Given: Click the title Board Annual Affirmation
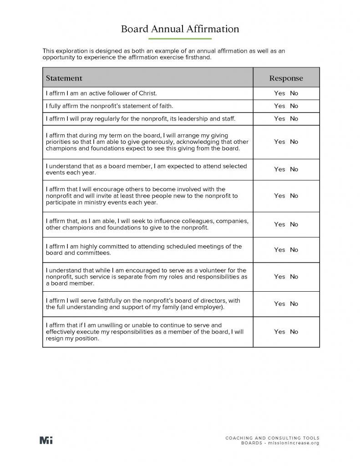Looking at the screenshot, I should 180,29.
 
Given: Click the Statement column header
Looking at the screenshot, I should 64,78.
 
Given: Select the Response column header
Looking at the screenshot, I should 286,78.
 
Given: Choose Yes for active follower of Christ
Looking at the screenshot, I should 279,93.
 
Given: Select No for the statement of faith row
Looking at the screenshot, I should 294,106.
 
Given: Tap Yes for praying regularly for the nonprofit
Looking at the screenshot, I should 279,119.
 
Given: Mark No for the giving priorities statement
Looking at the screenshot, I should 294,142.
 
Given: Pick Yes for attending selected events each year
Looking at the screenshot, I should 279,169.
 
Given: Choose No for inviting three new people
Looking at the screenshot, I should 294,196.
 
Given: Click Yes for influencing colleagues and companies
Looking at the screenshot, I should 279,224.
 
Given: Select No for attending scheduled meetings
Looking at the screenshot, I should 294,250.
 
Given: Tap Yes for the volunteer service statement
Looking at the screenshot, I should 279,277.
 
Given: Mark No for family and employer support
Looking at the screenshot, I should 294,304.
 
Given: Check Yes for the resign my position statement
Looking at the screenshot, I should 279,332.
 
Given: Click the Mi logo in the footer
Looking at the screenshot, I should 46,440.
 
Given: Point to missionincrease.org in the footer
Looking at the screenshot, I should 294,443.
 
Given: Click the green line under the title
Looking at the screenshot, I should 180,39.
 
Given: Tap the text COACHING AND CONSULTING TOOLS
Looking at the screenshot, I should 272,438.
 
